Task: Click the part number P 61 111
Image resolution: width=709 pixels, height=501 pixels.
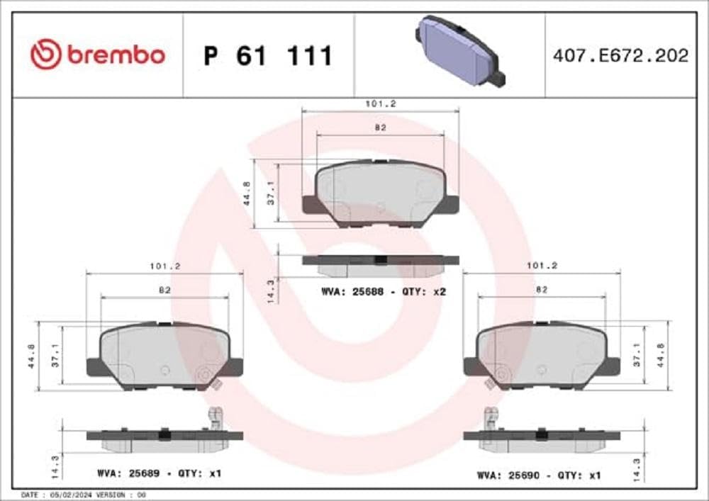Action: (x=268, y=55)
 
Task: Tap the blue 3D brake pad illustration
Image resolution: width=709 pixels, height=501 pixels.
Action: (x=460, y=51)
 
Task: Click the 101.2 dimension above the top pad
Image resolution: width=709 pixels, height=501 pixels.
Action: (x=380, y=103)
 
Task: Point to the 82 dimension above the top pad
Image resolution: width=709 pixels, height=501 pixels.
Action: (x=380, y=128)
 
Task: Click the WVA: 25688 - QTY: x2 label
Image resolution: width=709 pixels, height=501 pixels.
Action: (x=383, y=291)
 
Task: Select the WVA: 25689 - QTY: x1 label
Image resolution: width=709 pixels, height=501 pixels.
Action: (x=160, y=472)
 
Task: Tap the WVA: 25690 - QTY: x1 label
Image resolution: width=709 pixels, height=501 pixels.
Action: (x=540, y=475)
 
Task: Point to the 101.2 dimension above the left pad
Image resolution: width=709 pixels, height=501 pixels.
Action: (x=164, y=266)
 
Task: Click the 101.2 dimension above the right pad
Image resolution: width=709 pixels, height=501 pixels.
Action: (x=541, y=266)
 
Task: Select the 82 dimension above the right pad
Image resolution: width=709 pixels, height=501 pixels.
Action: (x=541, y=290)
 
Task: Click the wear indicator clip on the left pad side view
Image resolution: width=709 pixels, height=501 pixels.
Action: (x=215, y=419)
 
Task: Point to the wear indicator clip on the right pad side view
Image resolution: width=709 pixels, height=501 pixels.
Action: (x=489, y=419)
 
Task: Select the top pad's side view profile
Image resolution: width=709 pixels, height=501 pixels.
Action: (x=380, y=263)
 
